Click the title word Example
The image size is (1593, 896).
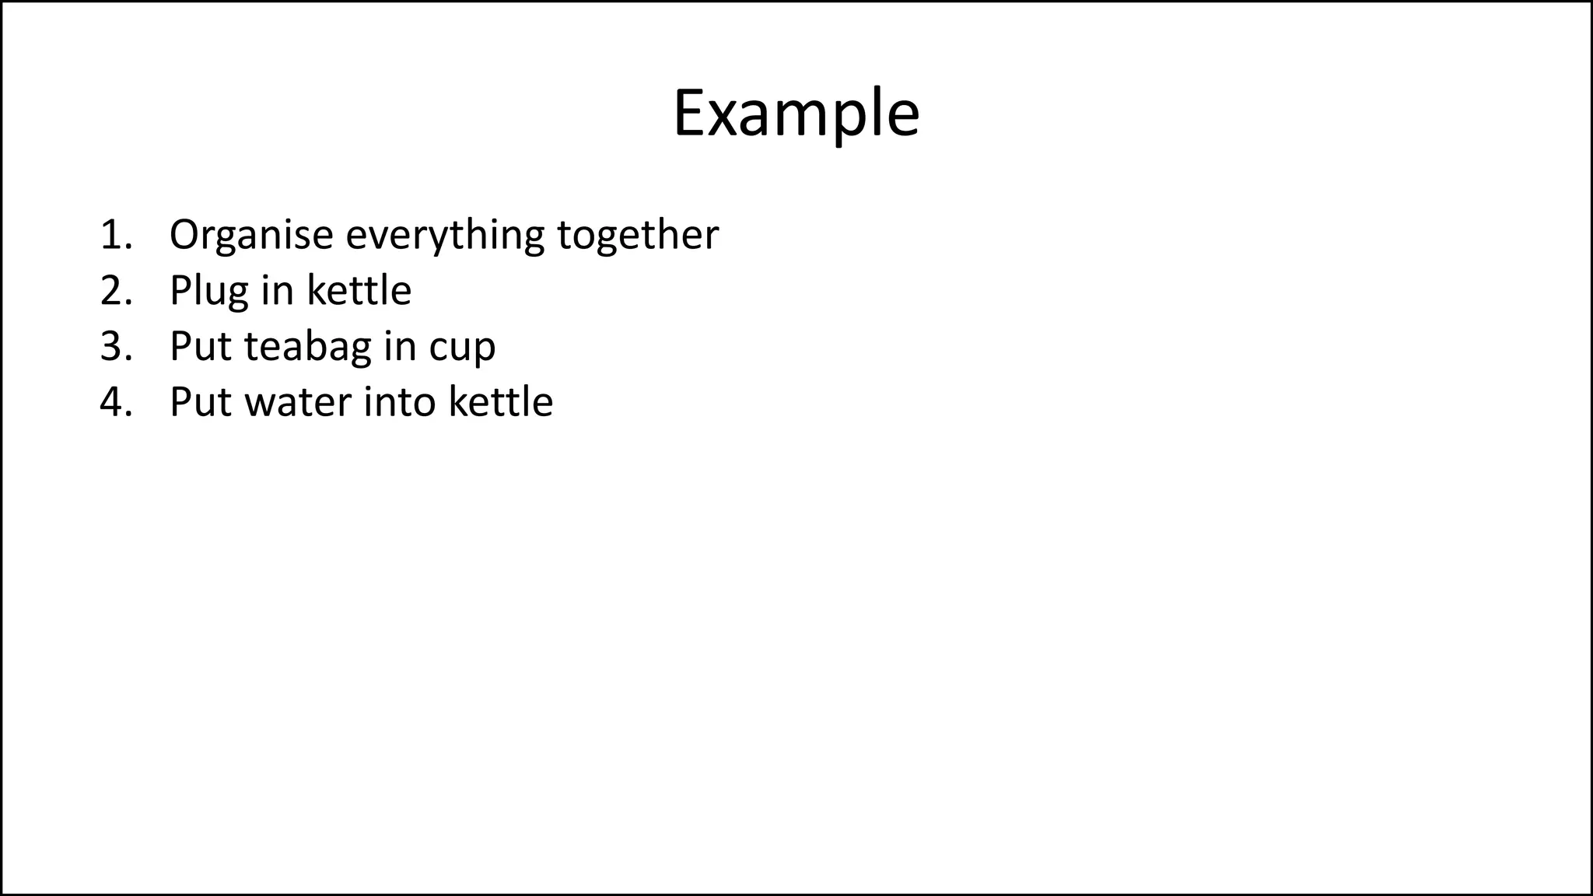796,114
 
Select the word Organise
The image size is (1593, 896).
251,234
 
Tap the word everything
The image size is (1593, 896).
445,234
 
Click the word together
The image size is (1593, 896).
638,234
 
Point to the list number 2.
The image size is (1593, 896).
115,290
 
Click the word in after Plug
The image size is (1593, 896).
276,290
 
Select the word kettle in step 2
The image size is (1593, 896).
359,290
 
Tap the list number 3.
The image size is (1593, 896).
115,346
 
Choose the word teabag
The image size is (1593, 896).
307,346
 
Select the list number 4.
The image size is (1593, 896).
115,402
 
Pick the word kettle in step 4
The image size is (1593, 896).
501,402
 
